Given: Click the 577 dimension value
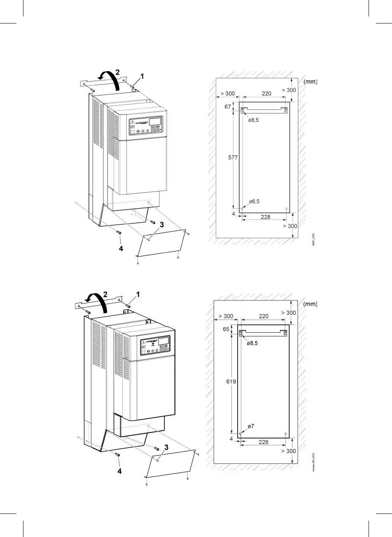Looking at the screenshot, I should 233,158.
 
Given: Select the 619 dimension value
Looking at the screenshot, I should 231,382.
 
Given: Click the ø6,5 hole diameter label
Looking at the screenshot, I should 254,201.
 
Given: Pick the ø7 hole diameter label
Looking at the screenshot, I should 250,426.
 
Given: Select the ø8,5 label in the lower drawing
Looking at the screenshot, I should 252,343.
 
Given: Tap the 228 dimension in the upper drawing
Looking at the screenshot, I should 266,217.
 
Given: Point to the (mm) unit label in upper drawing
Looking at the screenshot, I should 310,82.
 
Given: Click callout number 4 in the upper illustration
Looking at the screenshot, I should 121,249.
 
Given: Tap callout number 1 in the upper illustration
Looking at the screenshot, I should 142,76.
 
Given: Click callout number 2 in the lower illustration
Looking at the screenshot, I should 105,294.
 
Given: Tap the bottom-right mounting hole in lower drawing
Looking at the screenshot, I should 286,434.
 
